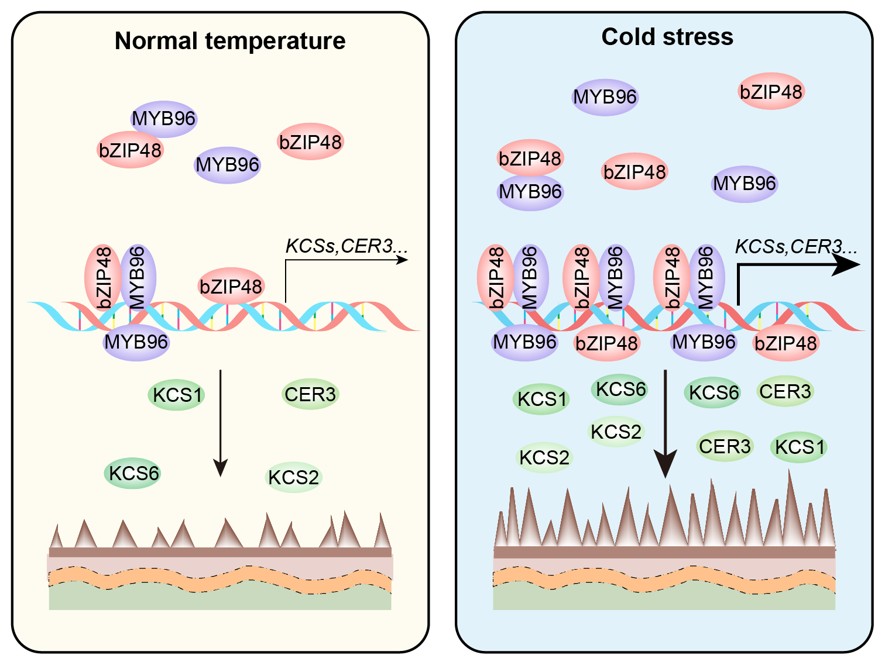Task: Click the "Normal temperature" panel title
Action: [230, 41]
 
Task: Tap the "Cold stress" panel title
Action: [667, 37]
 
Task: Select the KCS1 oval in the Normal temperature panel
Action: [177, 395]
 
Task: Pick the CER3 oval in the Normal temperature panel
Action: [310, 394]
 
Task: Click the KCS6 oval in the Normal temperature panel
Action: [133, 473]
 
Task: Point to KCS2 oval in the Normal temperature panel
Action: [294, 477]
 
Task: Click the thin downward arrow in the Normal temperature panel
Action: [220, 421]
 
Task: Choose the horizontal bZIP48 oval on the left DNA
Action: [231, 287]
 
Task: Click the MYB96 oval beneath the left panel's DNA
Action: [136, 342]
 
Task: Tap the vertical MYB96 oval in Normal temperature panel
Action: [138, 277]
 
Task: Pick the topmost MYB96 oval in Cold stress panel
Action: [605, 97]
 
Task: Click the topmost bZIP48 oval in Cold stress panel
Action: [771, 92]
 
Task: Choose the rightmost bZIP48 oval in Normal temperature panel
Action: [310, 142]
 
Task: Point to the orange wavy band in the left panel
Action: [219, 578]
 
